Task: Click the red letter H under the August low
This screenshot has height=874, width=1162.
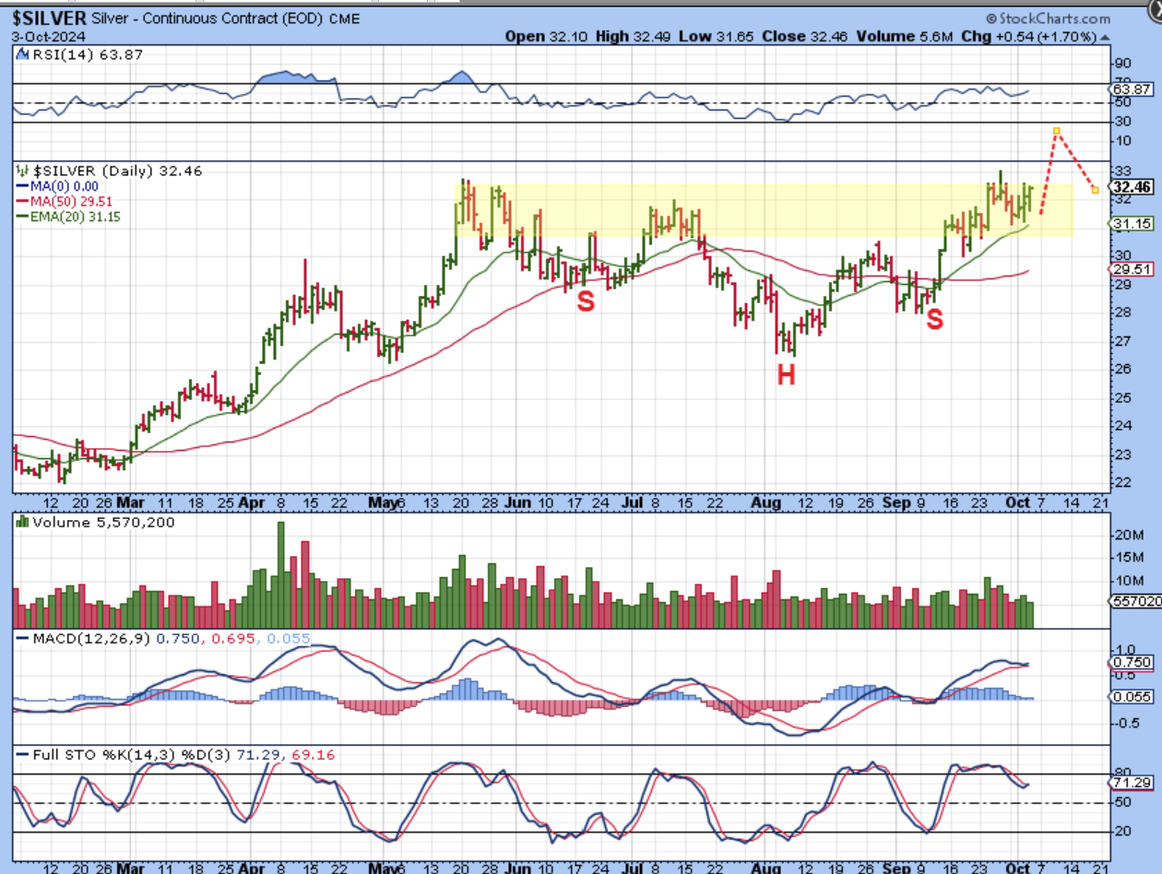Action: click(786, 374)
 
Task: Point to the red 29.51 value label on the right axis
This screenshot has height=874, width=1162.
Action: click(1132, 268)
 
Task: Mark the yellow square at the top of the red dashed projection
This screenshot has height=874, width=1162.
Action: click(1056, 131)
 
